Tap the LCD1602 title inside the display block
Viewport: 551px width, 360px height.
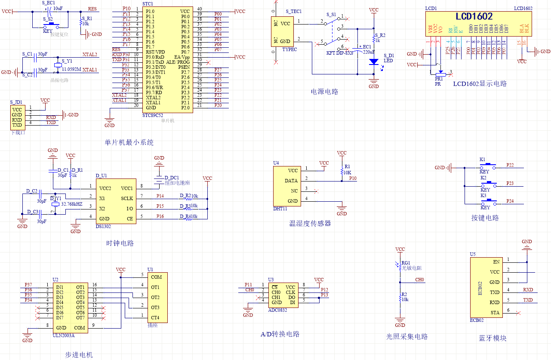click(474, 17)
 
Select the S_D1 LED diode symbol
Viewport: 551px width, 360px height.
click(374, 62)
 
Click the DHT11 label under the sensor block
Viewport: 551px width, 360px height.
click(280, 209)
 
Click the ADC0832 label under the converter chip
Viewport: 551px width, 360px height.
click(278, 310)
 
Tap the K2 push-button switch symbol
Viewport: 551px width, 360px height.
click(488, 183)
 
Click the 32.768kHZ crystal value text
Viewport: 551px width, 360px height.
click(72, 204)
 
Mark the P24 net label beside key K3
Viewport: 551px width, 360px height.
click(510, 201)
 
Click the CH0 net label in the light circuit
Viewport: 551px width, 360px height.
click(419, 280)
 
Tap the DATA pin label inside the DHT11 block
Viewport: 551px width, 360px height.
click(291, 181)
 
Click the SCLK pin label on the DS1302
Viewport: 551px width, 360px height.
click(127, 198)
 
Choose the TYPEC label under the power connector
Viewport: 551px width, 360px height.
click(289, 49)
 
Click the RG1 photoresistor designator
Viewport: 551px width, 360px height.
click(406, 263)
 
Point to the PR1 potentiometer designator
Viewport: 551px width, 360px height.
click(439, 79)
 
